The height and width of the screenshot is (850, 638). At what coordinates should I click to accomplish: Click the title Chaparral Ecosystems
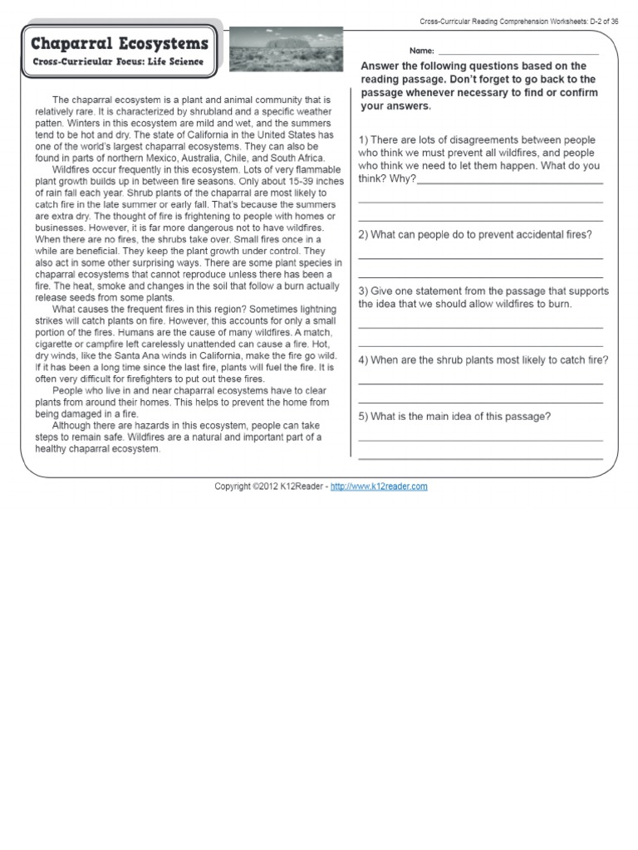click(119, 43)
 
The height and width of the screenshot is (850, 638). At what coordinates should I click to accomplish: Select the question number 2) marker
click(364, 235)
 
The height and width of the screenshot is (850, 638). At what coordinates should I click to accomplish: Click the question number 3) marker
click(364, 291)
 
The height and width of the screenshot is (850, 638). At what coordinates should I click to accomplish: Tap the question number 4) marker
click(364, 360)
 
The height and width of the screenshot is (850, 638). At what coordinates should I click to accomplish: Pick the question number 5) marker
click(364, 417)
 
